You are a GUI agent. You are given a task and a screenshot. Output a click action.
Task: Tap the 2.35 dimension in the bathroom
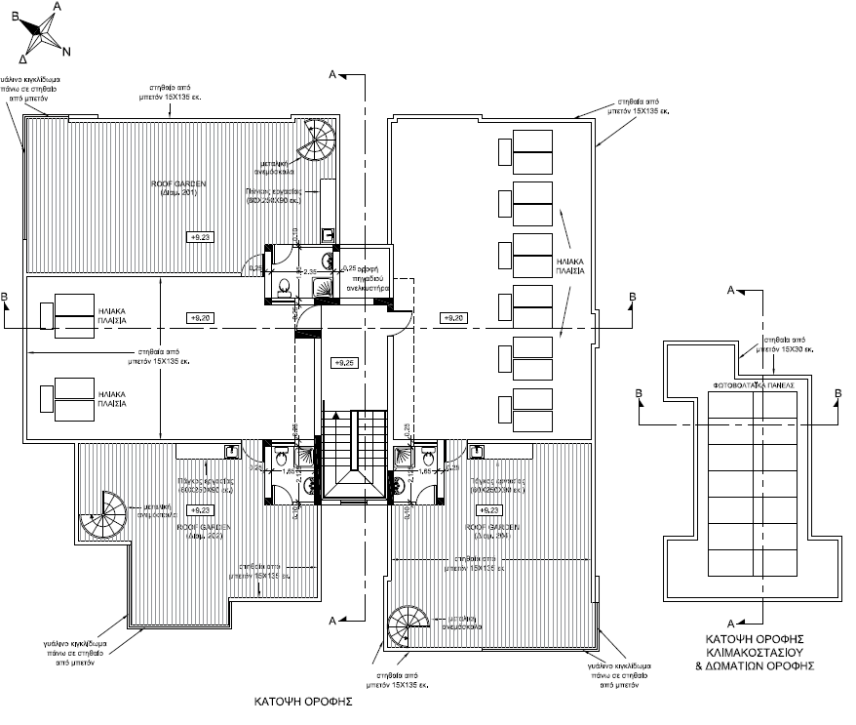click(x=309, y=271)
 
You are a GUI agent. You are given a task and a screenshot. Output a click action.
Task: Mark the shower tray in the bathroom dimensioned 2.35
click(x=322, y=286)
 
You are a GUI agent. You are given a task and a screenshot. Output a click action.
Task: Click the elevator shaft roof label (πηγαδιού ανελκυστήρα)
click(x=368, y=283)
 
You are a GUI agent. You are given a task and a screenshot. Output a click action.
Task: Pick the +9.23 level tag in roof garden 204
click(x=488, y=509)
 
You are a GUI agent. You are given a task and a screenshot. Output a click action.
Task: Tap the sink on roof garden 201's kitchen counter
click(x=329, y=234)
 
